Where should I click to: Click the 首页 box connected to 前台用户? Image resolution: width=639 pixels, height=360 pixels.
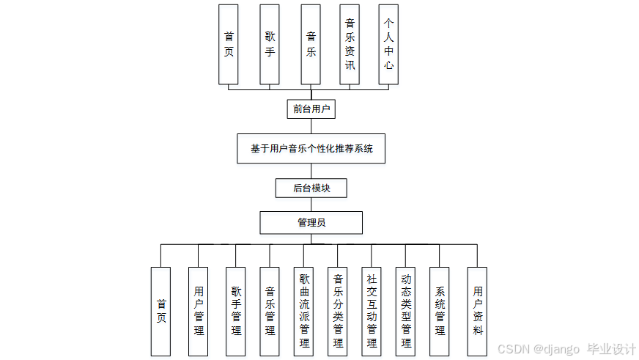(229, 44)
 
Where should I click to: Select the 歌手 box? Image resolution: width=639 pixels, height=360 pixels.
(270, 44)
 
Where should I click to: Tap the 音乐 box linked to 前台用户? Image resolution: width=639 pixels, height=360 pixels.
(311, 44)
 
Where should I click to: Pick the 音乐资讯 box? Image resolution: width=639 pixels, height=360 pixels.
(350, 44)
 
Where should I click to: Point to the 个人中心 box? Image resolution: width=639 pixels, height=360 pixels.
(388, 44)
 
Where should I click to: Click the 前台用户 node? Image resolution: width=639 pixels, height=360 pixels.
(311, 109)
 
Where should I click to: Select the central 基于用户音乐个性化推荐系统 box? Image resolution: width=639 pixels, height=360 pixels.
(311, 148)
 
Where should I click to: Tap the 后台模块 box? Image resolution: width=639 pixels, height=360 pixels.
(311, 188)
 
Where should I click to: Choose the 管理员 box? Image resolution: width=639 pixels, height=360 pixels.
(311, 222)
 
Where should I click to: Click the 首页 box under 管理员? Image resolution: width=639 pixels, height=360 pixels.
(160, 311)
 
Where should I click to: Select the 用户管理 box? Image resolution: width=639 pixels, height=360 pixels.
(199, 311)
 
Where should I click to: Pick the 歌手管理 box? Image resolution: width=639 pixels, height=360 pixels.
(235, 311)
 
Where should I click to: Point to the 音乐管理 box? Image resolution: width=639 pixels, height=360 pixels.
(270, 311)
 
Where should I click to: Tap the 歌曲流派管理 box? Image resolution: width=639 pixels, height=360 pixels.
(304, 311)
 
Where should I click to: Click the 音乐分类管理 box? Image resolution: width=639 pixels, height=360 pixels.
(338, 311)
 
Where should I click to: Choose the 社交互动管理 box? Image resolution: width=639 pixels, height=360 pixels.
(372, 311)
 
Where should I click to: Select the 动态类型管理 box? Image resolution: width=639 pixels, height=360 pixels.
(405, 311)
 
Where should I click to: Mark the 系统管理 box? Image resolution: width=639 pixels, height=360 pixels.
(440, 311)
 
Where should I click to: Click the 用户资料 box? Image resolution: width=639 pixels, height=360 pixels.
(477, 311)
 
